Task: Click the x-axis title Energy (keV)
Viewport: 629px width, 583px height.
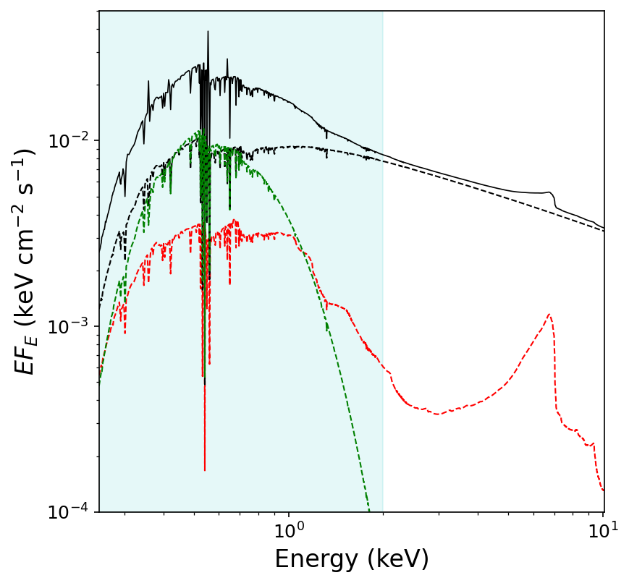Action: point(352,559)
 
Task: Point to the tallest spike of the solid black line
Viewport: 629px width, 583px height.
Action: point(208,32)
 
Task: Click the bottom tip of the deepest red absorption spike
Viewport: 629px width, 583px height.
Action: point(205,470)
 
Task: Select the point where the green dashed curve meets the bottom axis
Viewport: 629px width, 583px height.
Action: point(369,511)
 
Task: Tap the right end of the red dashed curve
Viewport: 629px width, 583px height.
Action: point(604,490)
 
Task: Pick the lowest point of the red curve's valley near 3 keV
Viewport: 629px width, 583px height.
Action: point(437,414)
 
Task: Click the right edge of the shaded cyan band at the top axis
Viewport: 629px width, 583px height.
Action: point(383,12)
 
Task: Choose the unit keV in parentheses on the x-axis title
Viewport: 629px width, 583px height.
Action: point(397,559)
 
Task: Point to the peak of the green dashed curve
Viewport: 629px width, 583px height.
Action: point(196,132)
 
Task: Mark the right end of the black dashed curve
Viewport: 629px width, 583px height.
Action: point(604,231)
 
